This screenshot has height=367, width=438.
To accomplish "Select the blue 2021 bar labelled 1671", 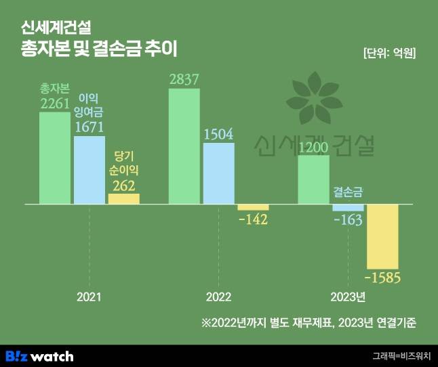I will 89,169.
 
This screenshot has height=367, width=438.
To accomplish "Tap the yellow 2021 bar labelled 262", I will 123,198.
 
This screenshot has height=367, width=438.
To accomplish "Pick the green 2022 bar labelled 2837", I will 184,146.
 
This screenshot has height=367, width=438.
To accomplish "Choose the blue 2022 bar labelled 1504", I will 218,173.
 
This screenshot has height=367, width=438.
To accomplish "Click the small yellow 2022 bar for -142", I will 253,207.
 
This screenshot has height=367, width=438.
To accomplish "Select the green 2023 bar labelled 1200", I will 314,179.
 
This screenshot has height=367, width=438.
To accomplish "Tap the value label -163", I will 349,220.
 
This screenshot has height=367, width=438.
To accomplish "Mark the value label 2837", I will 184,80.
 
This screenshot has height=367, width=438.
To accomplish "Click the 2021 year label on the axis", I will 89,297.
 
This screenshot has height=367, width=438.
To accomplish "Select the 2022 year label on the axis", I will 218,297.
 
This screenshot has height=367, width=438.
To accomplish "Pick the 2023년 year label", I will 348,297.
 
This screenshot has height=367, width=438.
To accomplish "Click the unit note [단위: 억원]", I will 389,51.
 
